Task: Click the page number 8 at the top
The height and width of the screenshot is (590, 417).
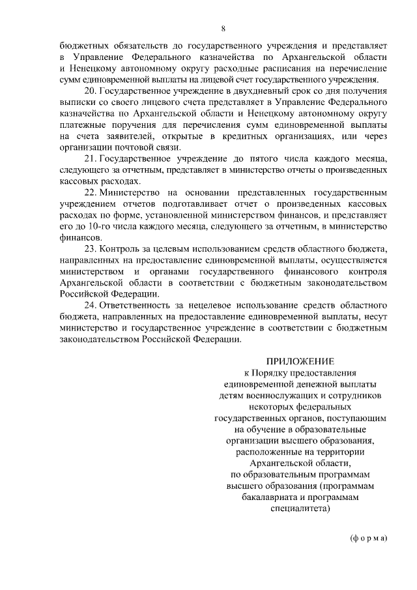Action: point(223,29)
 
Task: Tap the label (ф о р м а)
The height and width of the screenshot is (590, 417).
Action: point(367,538)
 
